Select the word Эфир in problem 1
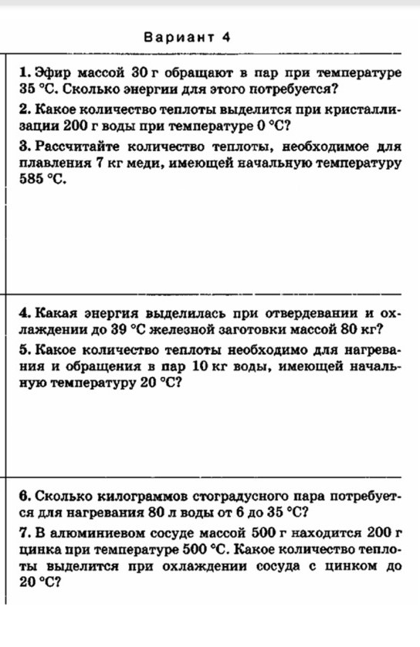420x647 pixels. pyautogui.click(x=52, y=73)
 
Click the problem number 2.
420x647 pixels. pyautogui.click(x=25, y=110)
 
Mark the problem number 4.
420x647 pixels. pyautogui.click(x=25, y=314)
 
